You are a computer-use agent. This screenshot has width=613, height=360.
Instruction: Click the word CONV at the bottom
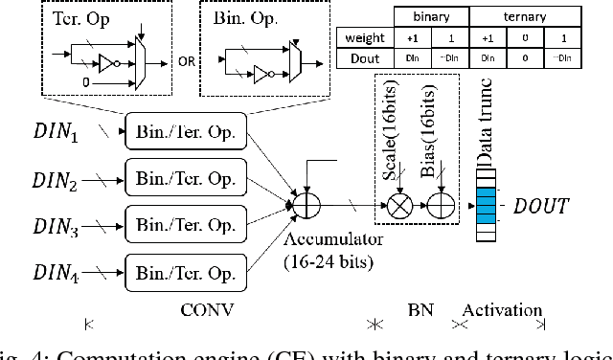[x=207, y=311]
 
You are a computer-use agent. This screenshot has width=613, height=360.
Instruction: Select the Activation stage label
[x=501, y=311]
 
